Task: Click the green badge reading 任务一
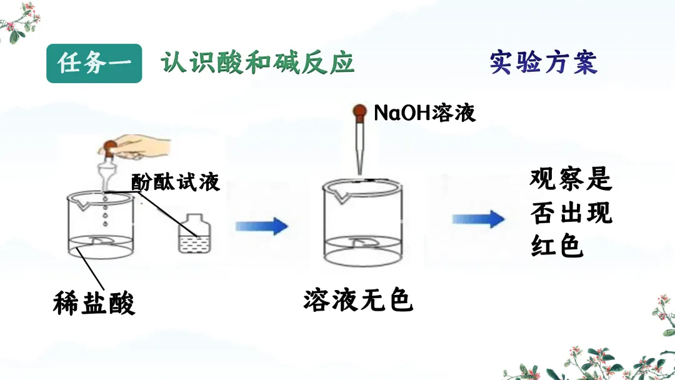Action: point(94,64)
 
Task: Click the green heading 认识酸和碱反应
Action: point(257,64)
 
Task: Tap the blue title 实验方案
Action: point(543,63)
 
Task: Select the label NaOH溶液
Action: point(424,112)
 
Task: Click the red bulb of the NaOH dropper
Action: point(359,113)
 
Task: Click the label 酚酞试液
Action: point(176,182)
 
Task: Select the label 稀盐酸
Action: point(94,304)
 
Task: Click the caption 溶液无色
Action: point(358,301)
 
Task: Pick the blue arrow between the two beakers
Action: point(261,226)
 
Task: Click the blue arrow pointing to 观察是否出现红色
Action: point(478,219)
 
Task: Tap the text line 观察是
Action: point(570,180)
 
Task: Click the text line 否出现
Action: point(571,213)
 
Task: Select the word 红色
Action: point(557,246)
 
